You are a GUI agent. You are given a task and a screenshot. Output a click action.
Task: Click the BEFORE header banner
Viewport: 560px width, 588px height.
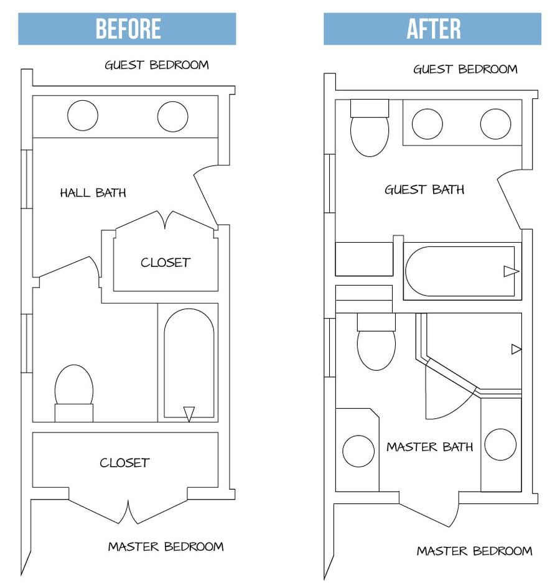click(x=127, y=29)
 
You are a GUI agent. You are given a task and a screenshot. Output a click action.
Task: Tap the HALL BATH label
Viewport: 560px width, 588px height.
click(x=93, y=193)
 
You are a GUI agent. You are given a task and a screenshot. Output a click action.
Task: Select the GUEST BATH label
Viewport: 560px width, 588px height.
click(x=424, y=190)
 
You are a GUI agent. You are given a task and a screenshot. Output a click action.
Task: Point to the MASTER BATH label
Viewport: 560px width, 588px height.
click(x=429, y=447)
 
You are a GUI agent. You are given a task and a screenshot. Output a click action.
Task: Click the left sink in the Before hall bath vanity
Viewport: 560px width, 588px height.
click(x=82, y=116)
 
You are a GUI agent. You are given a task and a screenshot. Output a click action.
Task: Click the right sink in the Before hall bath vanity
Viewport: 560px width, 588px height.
click(x=172, y=116)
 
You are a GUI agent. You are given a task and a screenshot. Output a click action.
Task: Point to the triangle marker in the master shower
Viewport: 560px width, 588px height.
click(x=516, y=350)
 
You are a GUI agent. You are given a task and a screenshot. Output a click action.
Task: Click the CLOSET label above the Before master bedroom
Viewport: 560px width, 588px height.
click(x=124, y=463)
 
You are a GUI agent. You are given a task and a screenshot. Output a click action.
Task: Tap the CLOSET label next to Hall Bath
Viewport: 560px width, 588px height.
click(x=165, y=263)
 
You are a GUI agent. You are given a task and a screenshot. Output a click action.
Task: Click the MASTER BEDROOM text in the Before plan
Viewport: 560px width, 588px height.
click(x=166, y=547)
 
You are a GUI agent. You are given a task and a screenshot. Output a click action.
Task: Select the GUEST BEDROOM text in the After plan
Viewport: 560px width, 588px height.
click(x=465, y=69)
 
